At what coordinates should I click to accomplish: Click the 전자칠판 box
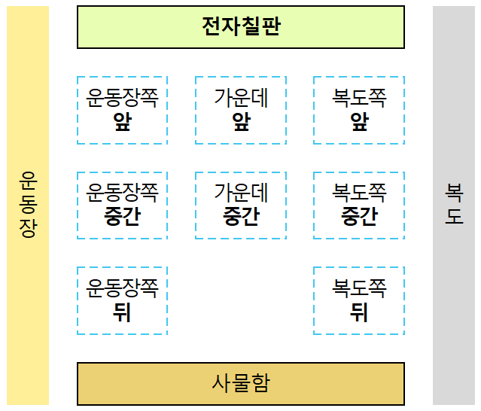pyautogui.click(x=241, y=27)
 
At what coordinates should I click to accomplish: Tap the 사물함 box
pyautogui.click(x=241, y=383)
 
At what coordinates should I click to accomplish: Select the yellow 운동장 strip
pyautogui.click(x=28, y=205)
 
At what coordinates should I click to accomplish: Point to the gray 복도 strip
pyautogui.click(x=454, y=205)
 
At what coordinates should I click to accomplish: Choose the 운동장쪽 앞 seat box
pyautogui.click(x=122, y=110)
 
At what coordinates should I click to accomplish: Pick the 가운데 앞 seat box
pyautogui.click(x=241, y=110)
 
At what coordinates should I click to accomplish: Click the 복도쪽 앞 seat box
pyautogui.click(x=359, y=110)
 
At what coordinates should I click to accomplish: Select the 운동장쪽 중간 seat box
pyautogui.click(x=122, y=205)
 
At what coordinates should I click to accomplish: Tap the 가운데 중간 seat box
pyautogui.click(x=241, y=205)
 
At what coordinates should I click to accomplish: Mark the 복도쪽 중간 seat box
pyautogui.click(x=359, y=205)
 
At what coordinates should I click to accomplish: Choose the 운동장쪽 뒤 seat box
pyautogui.click(x=122, y=300)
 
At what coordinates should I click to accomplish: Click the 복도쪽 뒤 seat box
pyautogui.click(x=359, y=300)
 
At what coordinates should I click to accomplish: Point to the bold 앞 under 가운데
pyautogui.click(x=241, y=122)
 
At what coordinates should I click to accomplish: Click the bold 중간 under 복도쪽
pyautogui.click(x=359, y=217)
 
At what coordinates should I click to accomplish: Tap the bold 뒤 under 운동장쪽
pyautogui.click(x=122, y=312)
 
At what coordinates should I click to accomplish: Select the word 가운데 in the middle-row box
pyautogui.click(x=241, y=193)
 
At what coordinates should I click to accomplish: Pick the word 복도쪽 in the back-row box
pyautogui.click(x=359, y=288)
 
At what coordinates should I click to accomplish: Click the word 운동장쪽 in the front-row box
pyautogui.click(x=122, y=98)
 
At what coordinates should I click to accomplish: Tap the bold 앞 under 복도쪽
pyautogui.click(x=359, y=122)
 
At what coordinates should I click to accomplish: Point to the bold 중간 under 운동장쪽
pyautogui.click(x=122, y=217)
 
